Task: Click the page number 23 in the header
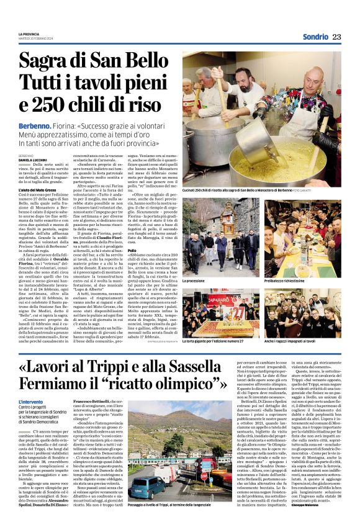[336, 37]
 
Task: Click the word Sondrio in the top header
[315, 37]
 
